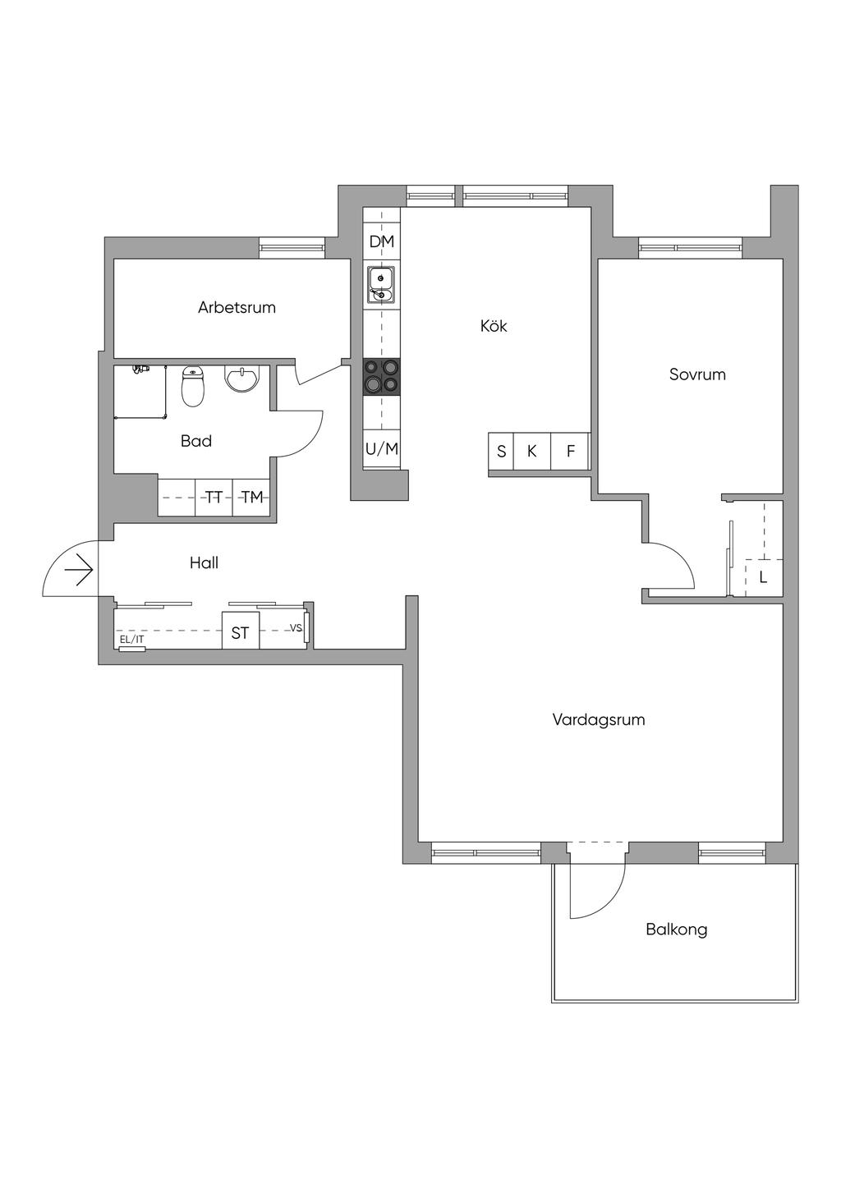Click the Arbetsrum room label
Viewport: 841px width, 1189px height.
[x=237, y=307]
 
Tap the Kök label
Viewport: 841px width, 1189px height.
[x=494, y=325]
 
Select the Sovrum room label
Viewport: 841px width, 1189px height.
[x=697, y=374]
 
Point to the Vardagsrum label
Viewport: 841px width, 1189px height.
[x=599, y=720]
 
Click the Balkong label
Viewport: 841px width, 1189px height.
[x=677, y=930]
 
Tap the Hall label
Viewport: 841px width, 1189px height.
[x=204, y=562]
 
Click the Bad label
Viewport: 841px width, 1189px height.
[x=196, y=441]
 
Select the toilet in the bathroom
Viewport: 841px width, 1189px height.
[x=193, y=387]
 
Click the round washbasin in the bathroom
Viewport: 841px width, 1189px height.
[x=242, y=379]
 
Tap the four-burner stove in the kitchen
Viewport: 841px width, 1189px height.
[x=381, y=377]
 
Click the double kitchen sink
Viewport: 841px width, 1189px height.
[x=381, y=286]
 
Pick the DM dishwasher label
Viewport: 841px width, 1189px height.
[x=382, y=241]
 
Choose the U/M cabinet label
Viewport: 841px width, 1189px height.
[x=382, y=449]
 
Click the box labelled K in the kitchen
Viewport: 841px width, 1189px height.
[x=532, y=451]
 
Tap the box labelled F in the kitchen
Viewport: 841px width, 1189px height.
[x=570, y=451]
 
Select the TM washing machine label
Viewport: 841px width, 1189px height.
[x=252, y=497]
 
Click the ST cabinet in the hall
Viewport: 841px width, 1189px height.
[x=241, y=630]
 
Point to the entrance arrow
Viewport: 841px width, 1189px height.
[x=79, y=570]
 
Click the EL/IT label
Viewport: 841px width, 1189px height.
[x=131, y=639]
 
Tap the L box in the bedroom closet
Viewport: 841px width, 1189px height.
[x=764, y=577]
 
